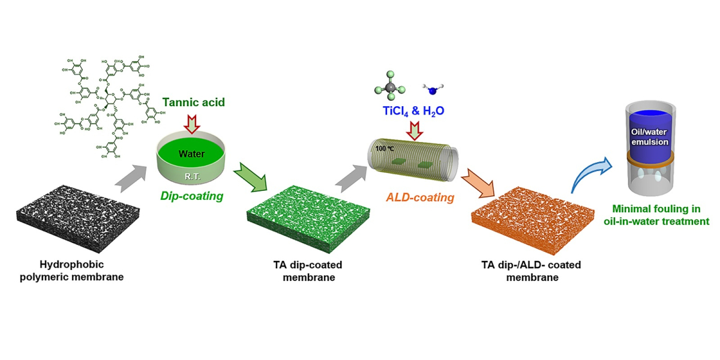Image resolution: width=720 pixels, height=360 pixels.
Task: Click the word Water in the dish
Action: coord(191,154)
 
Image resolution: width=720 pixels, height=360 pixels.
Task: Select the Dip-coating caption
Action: coord(191,196)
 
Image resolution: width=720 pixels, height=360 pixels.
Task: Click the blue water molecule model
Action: coord(433,90)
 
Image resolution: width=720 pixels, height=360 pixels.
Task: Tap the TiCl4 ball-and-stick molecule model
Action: coord(390,87)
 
